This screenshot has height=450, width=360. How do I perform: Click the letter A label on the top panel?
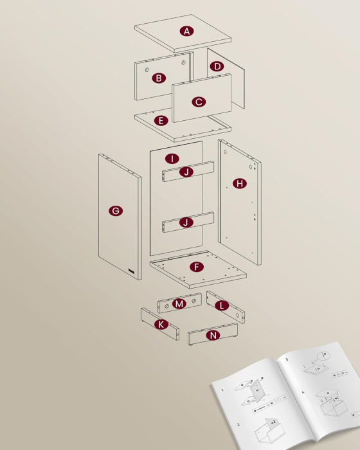coord(186,31)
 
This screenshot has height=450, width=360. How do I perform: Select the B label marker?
coord(158,78)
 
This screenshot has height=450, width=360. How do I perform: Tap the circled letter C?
coord(199,102)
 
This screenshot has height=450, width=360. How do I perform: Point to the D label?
coord(217,66)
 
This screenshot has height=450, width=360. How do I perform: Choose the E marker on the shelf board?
coord(161,120)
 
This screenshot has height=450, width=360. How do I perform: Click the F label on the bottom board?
coord(197,266)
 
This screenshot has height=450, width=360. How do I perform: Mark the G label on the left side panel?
coord(116,211)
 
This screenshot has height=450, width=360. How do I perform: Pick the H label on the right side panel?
coord(240,184)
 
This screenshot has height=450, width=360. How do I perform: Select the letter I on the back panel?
coord(172,158)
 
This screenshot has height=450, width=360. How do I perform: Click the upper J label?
coord(186,172)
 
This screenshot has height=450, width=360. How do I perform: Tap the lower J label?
coord(186,222)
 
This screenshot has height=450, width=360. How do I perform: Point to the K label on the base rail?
coord(161,325)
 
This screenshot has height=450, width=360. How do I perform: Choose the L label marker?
coord(222,305)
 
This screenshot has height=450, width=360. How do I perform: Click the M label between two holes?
coord(179,303)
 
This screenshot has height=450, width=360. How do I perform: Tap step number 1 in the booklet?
coord(222,390)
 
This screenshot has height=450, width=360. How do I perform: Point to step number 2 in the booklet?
coord(238,424)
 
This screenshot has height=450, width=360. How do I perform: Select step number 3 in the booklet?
coord(287,359)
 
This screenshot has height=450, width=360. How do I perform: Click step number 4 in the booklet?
coord(303,392)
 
